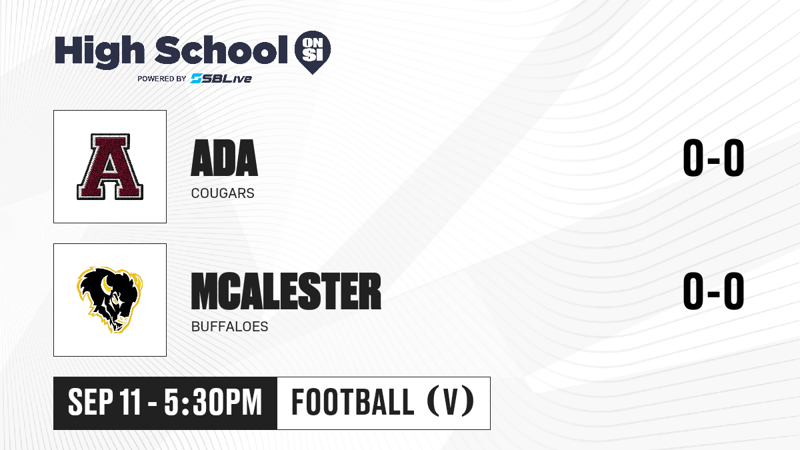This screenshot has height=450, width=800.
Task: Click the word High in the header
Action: point(100,51)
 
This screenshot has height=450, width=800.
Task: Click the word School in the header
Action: point(221,50)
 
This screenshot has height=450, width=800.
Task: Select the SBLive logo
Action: point(221,79)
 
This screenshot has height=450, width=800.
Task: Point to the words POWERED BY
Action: point(162,79)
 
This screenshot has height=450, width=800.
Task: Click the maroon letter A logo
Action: point(110,167)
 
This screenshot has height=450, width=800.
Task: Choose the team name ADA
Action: point(224,158)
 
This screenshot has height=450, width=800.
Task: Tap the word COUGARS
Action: point(223,193)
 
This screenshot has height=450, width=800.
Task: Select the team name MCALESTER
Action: point(286,291)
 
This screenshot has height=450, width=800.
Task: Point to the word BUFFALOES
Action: point(229,327)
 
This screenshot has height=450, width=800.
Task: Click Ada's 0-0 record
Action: point(713,158)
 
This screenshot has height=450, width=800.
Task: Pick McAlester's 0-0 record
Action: point(713,291)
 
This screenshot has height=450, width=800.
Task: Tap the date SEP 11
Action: point(104,403)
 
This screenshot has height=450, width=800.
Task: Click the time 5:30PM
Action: point(213,403)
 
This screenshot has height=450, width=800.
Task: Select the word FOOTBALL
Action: point(353,403)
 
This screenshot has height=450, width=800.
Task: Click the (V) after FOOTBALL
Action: point(451,403)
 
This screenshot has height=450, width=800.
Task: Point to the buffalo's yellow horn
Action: point(105,284)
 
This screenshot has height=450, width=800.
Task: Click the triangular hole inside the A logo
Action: point(110,165)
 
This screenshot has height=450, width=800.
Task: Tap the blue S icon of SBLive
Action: point(197,79)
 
